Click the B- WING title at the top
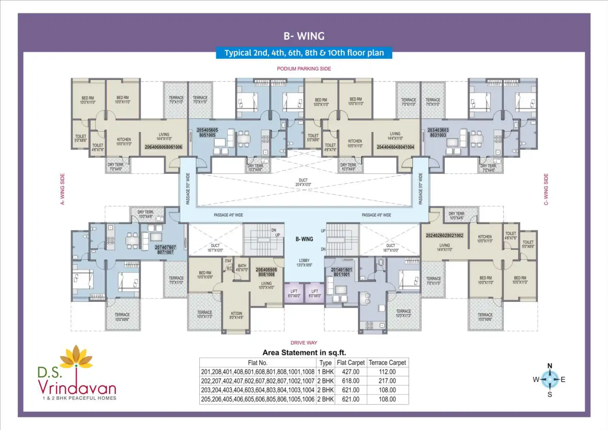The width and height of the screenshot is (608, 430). point(304,36)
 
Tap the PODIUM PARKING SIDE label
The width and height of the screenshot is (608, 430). point(304,69)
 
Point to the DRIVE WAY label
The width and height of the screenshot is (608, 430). point(304,343)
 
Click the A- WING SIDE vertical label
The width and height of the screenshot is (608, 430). point(62,189)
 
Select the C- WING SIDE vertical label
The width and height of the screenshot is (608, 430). point(546,189)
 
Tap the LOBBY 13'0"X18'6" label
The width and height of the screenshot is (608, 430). point(304,263)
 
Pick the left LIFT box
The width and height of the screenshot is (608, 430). point(294,293)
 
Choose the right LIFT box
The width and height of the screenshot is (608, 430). point(315,293)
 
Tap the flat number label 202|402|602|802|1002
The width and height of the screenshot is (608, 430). point(445,235)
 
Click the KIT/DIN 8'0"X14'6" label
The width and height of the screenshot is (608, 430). point(236,316)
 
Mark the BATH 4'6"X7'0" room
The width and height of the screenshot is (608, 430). point(242,268)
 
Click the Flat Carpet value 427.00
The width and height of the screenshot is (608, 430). point(350,372)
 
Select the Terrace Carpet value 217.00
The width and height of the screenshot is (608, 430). point(387,381)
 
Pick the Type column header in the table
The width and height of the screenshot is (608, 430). point(325,363)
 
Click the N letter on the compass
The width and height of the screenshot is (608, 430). point(550,366)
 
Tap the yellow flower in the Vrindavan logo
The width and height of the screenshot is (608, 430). point(76,356)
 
